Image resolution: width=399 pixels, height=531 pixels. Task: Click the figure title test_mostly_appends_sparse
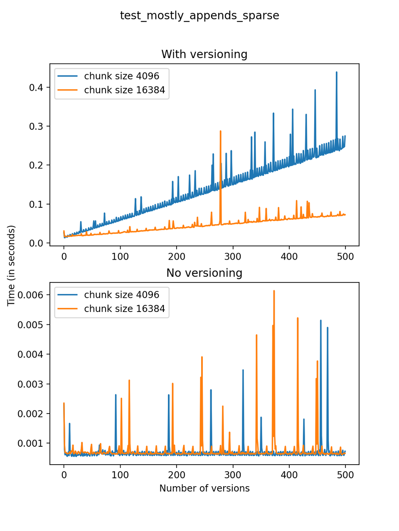[199, 16]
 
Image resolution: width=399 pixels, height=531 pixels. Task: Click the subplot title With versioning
[204, 54]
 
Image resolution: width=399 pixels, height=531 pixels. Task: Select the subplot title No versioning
[204, 273]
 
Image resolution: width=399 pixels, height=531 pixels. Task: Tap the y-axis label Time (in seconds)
[11, 265]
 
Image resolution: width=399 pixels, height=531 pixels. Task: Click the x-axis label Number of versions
[204, 488]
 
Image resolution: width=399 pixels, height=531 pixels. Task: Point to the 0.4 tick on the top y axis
[36, 88]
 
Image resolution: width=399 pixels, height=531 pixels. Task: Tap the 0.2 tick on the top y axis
[36, 165]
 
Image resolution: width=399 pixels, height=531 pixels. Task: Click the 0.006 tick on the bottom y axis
[30, 295]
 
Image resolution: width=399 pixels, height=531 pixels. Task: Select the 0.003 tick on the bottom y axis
[30, 384]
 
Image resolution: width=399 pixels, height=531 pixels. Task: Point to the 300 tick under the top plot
[233, 256]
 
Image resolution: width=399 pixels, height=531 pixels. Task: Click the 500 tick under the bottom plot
[345, 475]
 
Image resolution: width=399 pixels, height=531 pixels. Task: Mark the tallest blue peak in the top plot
[337, 73]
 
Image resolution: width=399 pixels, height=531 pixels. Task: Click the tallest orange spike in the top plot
[221, 132]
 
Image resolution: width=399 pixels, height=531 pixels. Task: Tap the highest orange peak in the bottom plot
[274, 291]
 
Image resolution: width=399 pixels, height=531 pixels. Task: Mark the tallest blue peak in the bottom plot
[321, 321]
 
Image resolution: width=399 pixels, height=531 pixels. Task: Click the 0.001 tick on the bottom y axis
[30, 443]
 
